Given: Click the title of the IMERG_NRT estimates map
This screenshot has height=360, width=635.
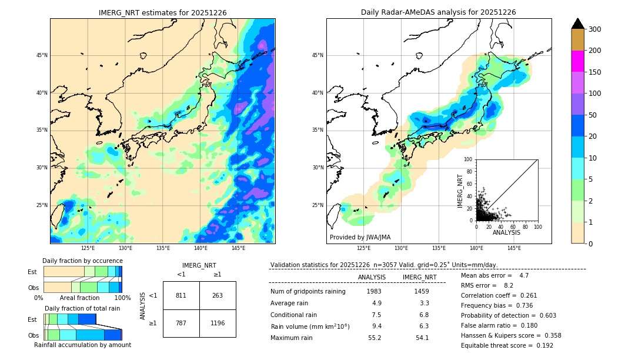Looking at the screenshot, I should coord(162,12).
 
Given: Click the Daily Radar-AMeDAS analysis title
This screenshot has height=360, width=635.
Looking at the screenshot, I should coord(439,12).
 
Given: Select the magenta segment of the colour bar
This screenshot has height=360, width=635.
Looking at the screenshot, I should coord(577,61).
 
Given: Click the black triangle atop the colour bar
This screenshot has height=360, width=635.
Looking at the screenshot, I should coord(577,24).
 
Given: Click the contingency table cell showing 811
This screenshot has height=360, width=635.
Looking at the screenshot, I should coord(181,295).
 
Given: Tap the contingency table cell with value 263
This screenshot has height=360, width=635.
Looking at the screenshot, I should coord(218,295).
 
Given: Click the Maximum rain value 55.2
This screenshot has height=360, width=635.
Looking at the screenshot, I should coord(375,338).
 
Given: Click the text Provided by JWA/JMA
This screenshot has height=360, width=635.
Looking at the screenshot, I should coord(360,238).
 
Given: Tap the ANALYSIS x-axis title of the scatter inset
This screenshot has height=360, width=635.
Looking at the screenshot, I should coord(506,232).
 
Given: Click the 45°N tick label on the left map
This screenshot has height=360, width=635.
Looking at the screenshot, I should coord(42,55).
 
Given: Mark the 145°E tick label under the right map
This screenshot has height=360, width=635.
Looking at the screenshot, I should coord(514,248).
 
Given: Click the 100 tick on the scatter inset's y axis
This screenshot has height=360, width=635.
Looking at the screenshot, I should coord(469,159).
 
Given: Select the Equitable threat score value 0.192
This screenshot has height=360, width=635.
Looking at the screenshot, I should coord(541,345).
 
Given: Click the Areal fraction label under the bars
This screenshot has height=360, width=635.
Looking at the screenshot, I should coord(79,298).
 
